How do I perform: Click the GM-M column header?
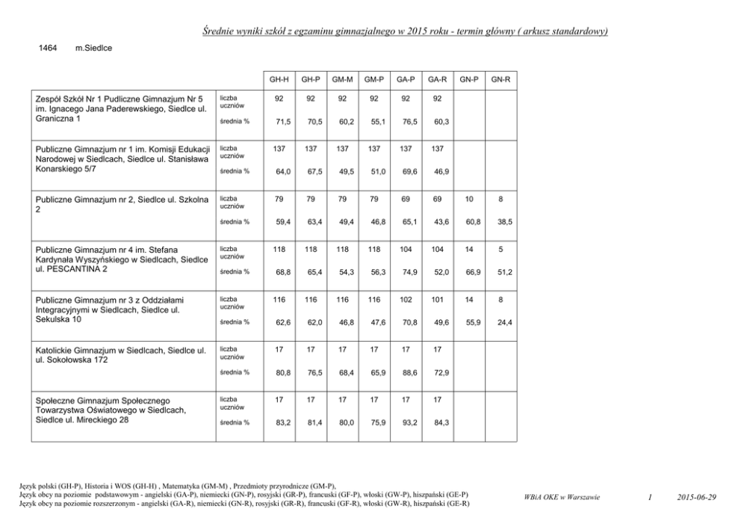pos(342,78)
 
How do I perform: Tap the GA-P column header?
pos(406,78)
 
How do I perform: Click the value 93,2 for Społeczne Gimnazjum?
pos(406,422)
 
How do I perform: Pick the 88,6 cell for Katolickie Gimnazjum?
pos(406,372)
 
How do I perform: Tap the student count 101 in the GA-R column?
pos(438,300)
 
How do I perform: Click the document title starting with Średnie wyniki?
pos(405,31)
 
